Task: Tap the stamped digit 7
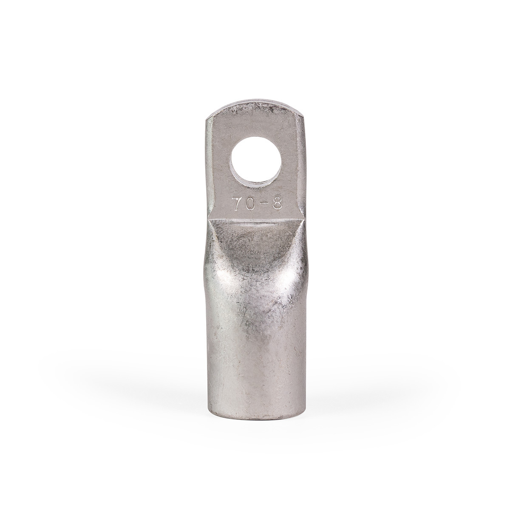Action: [237, 202]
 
